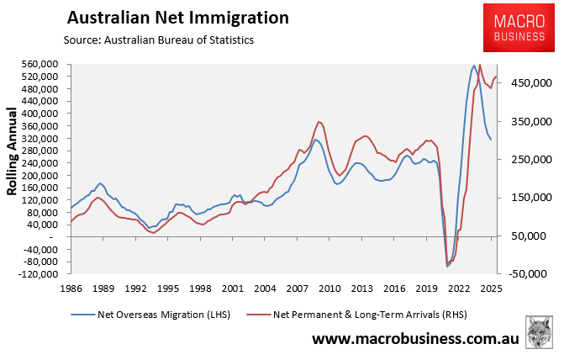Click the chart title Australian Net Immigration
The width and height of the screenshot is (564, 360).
pos(177,18)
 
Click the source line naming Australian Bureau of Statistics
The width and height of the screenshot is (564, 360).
pos(158,40)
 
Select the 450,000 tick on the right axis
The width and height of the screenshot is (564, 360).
pos(527,83)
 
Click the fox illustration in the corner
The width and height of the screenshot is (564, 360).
pos(540,333)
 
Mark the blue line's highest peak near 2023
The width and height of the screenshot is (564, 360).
pos(474,66)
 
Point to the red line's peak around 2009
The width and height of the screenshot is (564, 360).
pos(319,122)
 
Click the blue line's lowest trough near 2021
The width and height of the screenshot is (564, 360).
pos(447,267)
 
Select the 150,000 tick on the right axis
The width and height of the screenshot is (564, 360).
pos(527,198)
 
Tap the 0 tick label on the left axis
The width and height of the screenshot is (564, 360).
pos(63,237)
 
